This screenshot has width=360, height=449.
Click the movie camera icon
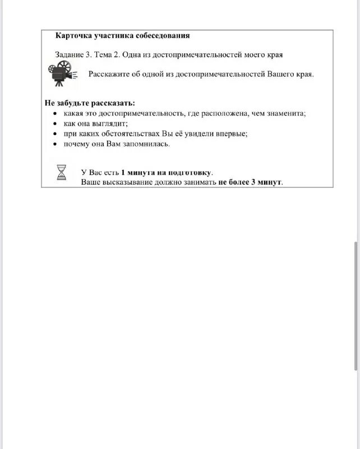click(59, 74)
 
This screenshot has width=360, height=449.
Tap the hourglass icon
click(62, 172)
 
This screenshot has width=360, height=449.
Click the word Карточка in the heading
click(73, 36)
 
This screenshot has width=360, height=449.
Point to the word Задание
click(70, 54)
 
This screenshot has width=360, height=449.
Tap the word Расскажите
click(108, 75)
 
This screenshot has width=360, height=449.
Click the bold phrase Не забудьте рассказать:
click(90, 103)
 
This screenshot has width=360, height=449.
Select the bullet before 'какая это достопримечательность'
click(55, 113)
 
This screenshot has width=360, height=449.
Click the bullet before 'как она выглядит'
click(55, 123)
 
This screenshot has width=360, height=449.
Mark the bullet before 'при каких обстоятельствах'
click(55, 134)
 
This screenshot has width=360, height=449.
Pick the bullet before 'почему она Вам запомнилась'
click(55, 144)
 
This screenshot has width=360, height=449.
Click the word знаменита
click(287, 113)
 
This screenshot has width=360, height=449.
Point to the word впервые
click(231, 134)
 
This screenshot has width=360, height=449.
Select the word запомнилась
click(147, 144)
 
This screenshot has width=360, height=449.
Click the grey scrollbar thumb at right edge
click(356, 306)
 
